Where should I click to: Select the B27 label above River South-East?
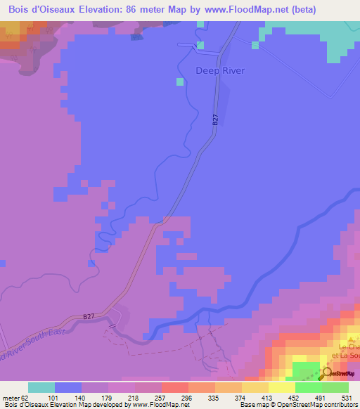coord(88,317)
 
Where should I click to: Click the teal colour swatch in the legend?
coord(41,388)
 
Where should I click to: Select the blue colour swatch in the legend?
coord(68,388)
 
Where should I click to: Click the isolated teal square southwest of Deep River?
coord(180,82)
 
